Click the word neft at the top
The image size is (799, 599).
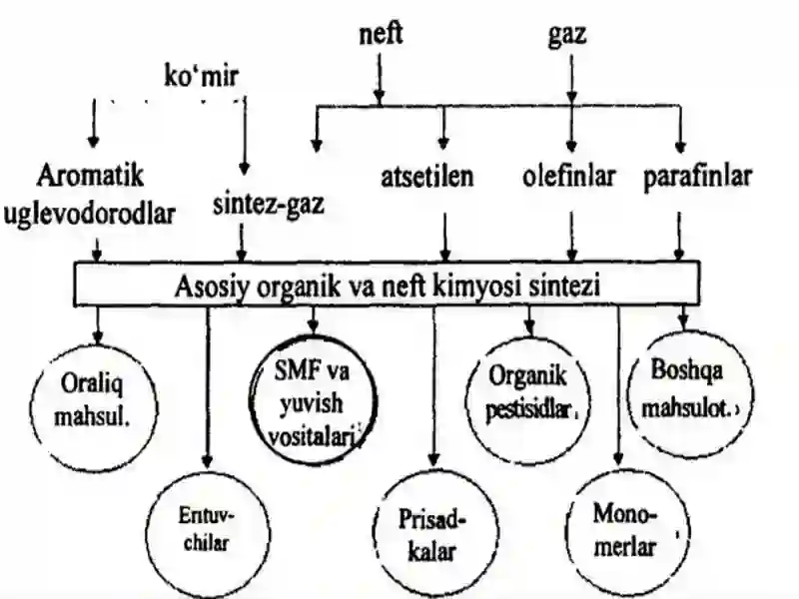pyautogui.click(x=381, y=34)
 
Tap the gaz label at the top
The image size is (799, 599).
pyautogui.click(x=567, y=36)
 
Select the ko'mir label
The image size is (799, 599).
pyautogui.click(x=202, y=77)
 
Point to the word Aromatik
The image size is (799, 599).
pyautogui.click(x=90, y=177)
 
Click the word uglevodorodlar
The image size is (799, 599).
pyautogui.click(x=90, y=215)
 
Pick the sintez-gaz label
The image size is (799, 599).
pyautogui.click(x=269, y=205)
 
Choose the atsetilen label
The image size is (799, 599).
pyautogui.click(x=427, y=177)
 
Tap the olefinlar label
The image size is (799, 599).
pyautogui.click(x=569, y=177)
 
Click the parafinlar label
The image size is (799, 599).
pyautogui.click(x=697, y=178)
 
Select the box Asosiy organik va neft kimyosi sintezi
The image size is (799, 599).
pyautogui.click(x=388, y=285)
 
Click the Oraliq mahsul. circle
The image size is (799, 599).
pyautogui.click(x=94, y=407)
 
